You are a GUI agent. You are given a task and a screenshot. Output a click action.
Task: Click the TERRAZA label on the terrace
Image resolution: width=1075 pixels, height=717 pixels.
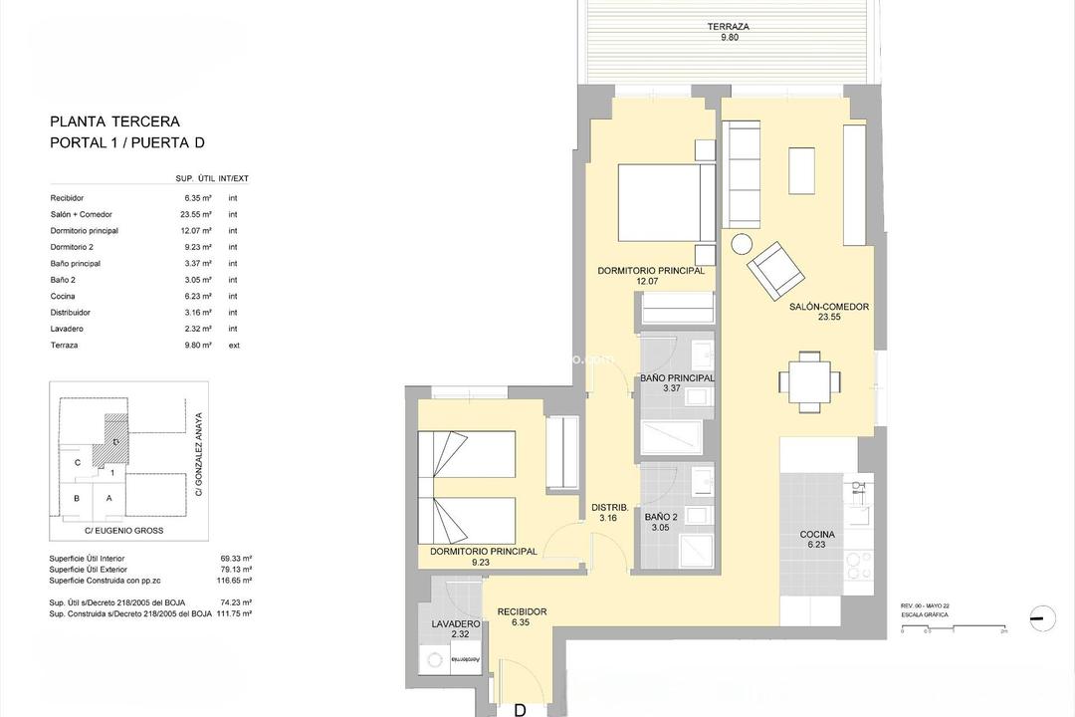click(x=728, y=27)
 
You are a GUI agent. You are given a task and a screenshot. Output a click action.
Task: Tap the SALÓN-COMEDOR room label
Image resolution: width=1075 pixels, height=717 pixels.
click(x=828, y=307)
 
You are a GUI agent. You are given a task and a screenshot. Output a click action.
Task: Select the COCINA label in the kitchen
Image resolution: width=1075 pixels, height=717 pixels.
click(x=817, y=535)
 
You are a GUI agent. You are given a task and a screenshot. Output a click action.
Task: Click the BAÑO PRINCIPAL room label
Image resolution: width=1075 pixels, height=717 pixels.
click(x=677, y=378)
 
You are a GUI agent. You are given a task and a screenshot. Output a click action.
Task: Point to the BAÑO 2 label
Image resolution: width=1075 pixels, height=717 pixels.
click(x=660, y=517)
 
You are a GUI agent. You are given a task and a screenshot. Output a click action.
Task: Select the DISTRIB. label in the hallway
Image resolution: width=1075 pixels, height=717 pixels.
click(x=608, y=505)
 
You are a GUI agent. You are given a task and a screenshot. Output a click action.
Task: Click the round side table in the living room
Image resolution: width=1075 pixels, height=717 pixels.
click(x=742, y=244)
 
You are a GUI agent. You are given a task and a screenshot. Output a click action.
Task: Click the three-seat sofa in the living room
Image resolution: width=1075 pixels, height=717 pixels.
click(x=742, y=173)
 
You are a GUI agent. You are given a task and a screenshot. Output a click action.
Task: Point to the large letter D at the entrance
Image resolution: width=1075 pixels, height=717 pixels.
click(x=519, y=709)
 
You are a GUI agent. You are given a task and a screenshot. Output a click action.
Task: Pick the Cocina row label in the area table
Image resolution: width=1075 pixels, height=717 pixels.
click(x=63, y=296)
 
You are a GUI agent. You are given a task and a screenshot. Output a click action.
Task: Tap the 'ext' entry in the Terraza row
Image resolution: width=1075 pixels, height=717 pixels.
click(x=233, y=346)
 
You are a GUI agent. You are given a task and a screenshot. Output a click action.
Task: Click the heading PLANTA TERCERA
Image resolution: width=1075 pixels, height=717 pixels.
click(x=114, y=121)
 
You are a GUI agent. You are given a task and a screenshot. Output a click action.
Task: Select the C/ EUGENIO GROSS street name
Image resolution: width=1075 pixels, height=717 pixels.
click(x=125, y=531)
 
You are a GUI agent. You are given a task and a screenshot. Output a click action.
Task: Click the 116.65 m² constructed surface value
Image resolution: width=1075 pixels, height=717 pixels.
click(x=236, y=580)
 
